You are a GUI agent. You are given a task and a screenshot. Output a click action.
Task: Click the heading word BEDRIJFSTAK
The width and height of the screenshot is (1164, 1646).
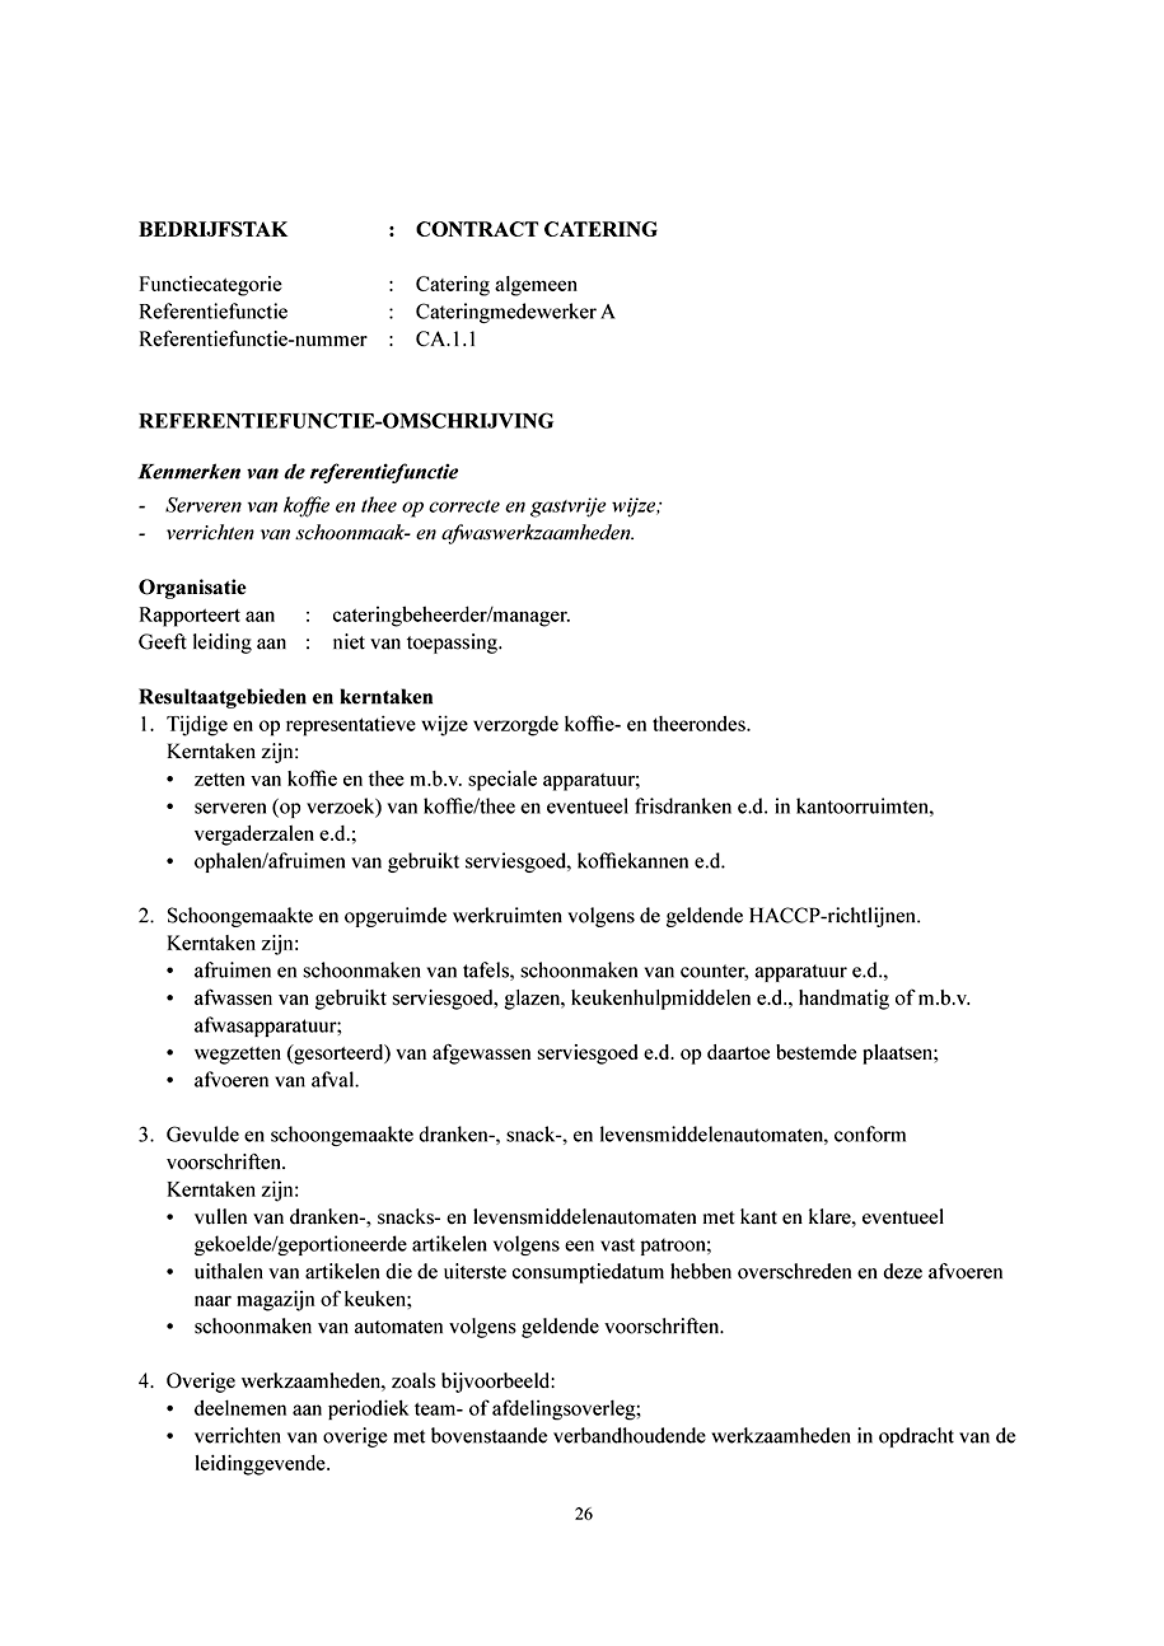pyautogui.click(x=213, y=230)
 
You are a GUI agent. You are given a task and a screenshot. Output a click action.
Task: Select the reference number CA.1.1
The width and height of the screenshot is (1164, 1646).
pyautogui.click(x=446, y=339)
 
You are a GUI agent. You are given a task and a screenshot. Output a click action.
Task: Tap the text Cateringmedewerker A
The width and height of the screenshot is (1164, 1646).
pyautogui.click(x=515, y=312)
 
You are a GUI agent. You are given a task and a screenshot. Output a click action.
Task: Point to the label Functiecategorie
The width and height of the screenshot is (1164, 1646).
pyautogui.click(x=210, y=284)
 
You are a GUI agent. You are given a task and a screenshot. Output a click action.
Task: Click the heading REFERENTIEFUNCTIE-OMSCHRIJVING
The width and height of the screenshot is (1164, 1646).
pyautogui.click(x=345, y=421)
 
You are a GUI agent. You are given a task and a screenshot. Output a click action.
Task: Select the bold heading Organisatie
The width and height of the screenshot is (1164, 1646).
pyautogui.click(x=192, y=588)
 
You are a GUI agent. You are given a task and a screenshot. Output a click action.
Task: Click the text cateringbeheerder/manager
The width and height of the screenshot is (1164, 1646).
pyautogui.click(x=452, y=615)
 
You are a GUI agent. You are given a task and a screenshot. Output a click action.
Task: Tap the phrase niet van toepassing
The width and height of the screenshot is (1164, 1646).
pyautogui.click(x=417, y=642)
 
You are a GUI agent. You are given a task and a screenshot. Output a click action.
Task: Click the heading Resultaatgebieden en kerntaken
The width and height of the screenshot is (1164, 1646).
pyautogui.click(x=285, y=697)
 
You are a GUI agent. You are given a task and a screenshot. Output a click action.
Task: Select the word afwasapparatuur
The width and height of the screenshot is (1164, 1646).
pyautogui.click(x=267, y=1026)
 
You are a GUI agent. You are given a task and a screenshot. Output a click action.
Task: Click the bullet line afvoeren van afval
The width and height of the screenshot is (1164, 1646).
pyautogui.click(x=276, y=1081)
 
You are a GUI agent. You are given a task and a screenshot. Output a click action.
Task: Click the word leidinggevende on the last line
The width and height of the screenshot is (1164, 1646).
pyautogui.click(x=261, y=1464)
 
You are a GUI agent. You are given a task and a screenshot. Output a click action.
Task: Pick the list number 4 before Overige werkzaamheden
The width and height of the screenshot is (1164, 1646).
pyautogui.click(x=143, y=1381)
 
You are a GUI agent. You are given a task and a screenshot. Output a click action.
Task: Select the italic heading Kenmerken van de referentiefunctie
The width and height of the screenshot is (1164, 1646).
pyautogui.click(x=298, y=473)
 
